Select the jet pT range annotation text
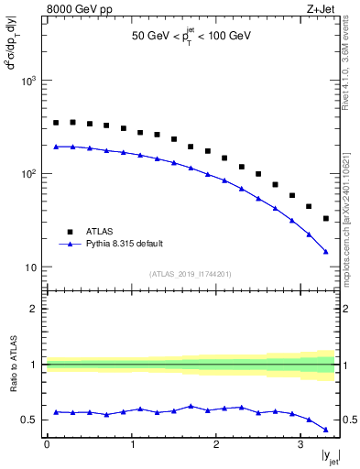pyautogui.click(x=191, y=36)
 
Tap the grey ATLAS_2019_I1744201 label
pyautogui.click(x=191, y=274)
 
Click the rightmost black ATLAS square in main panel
pyautogui.click(x=326, y=218)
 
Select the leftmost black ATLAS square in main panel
pyautogui.click(x=56, y=123)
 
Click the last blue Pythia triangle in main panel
pyautogui.click(x=326, y=251)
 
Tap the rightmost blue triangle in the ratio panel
pyautogui.click(x=326, y=429)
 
